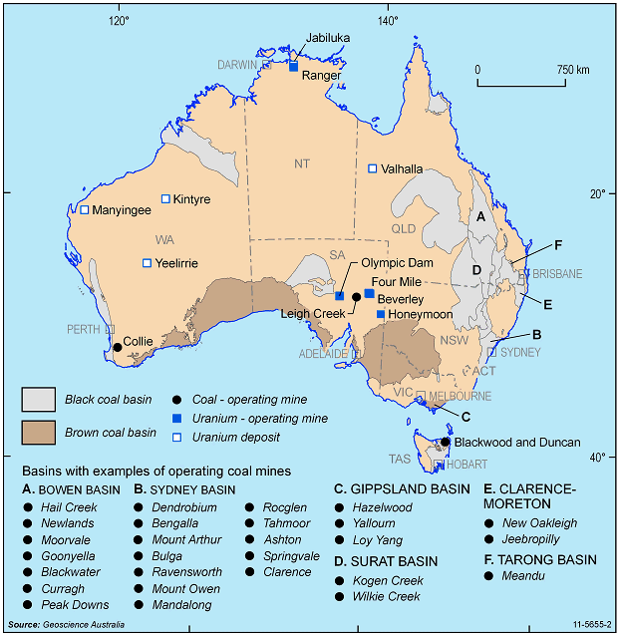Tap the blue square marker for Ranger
point(293,67)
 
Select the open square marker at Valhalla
point(373,168)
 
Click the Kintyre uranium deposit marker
point(166,198)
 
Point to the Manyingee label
point(123,210)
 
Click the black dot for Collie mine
point(118,347)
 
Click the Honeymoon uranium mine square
point(380,314)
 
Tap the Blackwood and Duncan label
point(517,442)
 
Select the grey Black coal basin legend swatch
point(39,400)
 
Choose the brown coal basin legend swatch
point(39,433)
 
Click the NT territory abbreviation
point(302,163)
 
